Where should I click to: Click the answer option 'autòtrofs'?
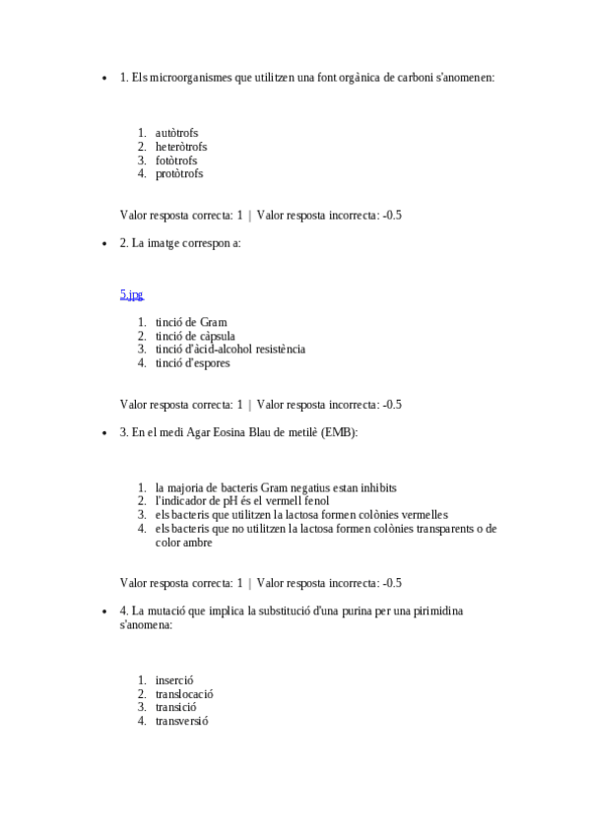177,133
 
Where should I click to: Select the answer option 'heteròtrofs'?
181,147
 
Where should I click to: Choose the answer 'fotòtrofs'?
176,161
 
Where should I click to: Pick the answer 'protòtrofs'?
179,174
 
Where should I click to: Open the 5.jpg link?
131,294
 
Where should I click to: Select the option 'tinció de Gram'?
191,322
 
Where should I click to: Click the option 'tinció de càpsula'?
195,336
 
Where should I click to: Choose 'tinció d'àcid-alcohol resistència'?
229,350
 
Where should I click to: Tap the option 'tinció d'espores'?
192,363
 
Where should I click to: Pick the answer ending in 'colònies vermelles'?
301,515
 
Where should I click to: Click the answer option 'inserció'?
174,680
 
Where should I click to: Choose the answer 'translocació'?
184,694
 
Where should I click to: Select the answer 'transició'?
176,707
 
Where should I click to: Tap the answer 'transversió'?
181,721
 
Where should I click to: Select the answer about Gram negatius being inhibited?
276,487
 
